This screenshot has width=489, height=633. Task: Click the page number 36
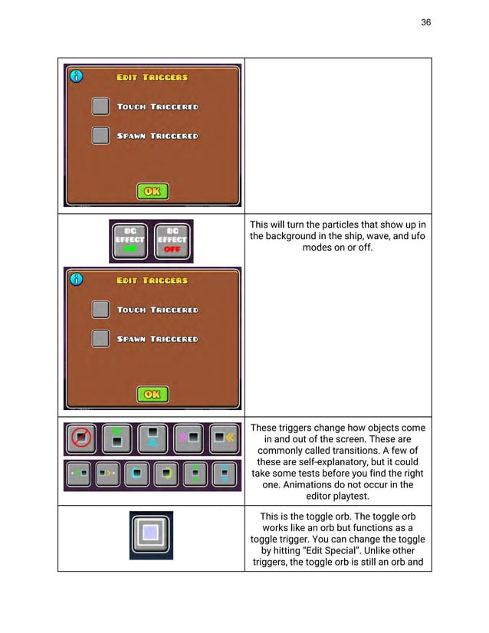pos(426,22)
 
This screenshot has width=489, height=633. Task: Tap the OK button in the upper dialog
pos(153,191)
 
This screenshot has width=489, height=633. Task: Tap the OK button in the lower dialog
pos(153,394)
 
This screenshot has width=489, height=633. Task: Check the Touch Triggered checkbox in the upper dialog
pos(100,107)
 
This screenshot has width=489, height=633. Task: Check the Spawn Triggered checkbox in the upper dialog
pos(100,136)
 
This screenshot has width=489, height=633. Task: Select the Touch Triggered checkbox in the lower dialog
pos(100,310)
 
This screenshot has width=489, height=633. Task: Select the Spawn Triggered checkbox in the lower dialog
pos(100,339)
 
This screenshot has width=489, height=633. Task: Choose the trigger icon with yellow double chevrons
pos(224,439)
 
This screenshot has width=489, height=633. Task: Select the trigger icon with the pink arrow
pos(188,439)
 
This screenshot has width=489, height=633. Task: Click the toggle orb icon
pos(151,533)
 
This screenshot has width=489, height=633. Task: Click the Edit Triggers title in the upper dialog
pos(152,77)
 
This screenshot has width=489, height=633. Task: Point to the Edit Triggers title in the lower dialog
pos(152,280)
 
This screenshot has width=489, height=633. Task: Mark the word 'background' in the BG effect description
pos(295,237)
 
